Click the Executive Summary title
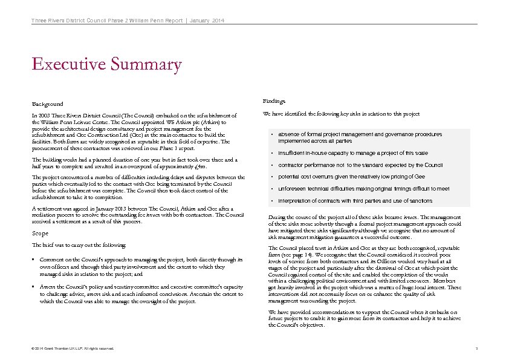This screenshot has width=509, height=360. coord(106,64)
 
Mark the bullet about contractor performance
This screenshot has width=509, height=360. coord(360,165)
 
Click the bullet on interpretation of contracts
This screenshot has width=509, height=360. coord(355,200)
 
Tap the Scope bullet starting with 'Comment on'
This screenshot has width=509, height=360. coord(139,265)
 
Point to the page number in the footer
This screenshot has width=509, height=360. coord(476,349)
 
